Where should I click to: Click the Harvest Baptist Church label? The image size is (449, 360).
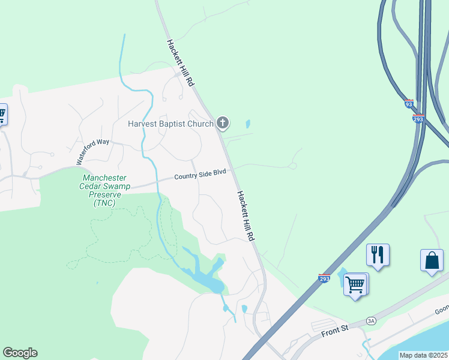coord(171,124)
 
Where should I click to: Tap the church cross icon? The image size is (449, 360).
coord(223,124)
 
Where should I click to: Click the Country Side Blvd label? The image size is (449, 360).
coord(200,175)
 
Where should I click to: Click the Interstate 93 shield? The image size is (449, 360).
coord(409,104)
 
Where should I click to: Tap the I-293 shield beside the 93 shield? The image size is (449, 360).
coord(419,118)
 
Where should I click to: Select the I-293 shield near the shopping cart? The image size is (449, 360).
coord(324,279)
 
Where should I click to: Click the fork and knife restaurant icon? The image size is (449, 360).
coord(378,255)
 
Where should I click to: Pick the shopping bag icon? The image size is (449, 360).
coord(432,260)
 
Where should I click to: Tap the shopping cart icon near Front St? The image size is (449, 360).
coord(355,284)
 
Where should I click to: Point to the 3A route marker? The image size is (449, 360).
coord(372,321)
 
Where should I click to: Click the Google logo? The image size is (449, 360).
coord(20,353)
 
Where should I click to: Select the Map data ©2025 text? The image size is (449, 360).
coord(423,355)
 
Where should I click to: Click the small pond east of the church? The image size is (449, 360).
coord(247,125)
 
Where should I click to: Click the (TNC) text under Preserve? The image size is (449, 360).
coord(104,203)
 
